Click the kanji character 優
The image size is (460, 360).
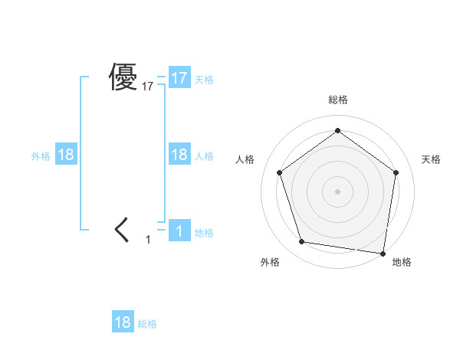[123, 77]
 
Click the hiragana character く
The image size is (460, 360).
[122, 230]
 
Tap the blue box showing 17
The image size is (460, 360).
[179, 78]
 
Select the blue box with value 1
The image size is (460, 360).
[179, 231]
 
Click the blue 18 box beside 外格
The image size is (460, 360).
[66, 155]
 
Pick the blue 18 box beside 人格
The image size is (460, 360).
[179, 155]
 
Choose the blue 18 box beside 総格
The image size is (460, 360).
[123, 322]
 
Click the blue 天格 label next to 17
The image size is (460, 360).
[204, 79]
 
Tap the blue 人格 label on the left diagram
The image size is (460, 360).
[204, 155]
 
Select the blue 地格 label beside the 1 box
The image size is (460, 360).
[204, 232]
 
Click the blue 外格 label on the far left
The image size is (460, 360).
[41, 155]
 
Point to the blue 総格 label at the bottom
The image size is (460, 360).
[147, 324]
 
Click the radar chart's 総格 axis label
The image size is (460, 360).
[337, 100]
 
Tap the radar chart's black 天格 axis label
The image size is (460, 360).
[432, 159]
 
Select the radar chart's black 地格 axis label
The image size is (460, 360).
[402, 262]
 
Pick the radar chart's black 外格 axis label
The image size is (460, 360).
[270, 262]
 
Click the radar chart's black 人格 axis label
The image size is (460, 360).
[245, 159]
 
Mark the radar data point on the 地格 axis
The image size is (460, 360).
[383, 252]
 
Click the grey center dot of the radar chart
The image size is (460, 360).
[337, 191]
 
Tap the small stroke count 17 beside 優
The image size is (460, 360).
[148, 87]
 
